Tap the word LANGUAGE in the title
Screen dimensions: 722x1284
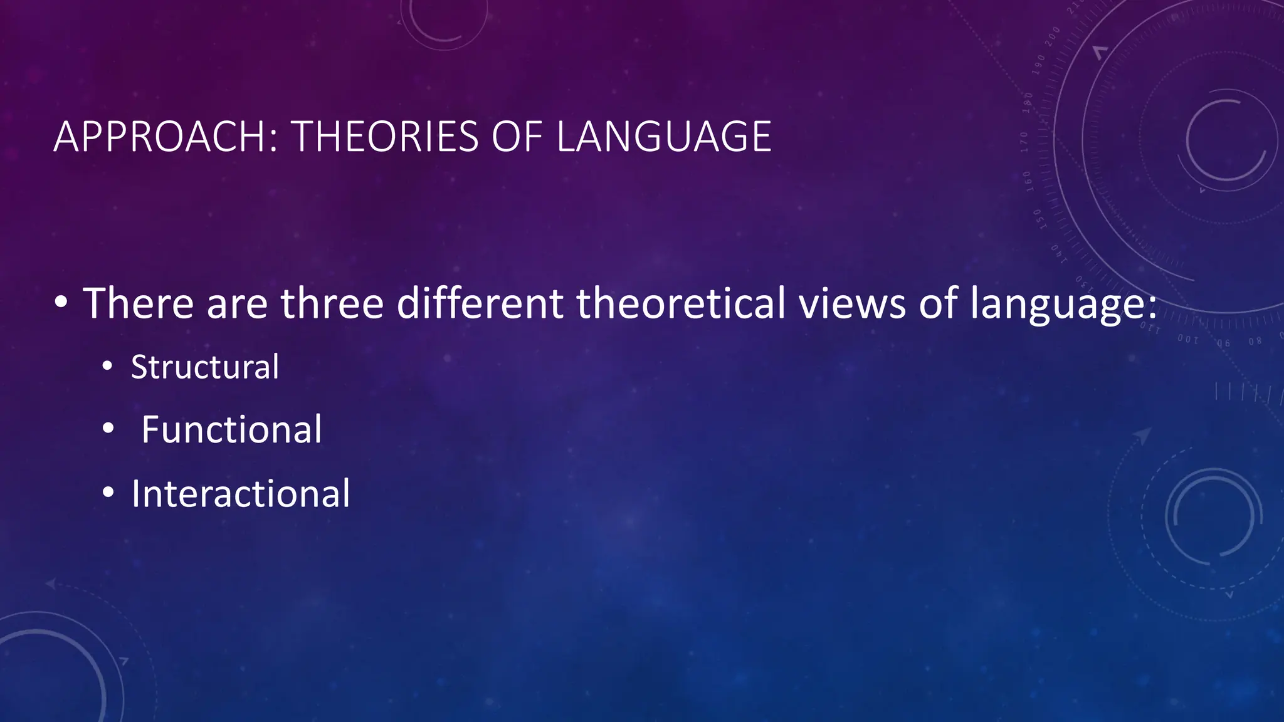664,137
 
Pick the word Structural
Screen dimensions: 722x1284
204,367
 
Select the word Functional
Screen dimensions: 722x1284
231,430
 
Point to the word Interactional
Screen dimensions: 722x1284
240,494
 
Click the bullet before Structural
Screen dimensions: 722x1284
108,367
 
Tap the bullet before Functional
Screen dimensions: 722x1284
108,429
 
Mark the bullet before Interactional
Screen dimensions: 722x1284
108,493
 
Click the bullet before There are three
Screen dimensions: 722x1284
61,303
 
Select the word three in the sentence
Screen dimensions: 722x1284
332,303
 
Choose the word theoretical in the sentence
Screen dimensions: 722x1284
681,303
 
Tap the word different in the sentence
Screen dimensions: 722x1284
480,303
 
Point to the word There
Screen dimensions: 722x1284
139,303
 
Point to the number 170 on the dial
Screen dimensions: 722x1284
1024,142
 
